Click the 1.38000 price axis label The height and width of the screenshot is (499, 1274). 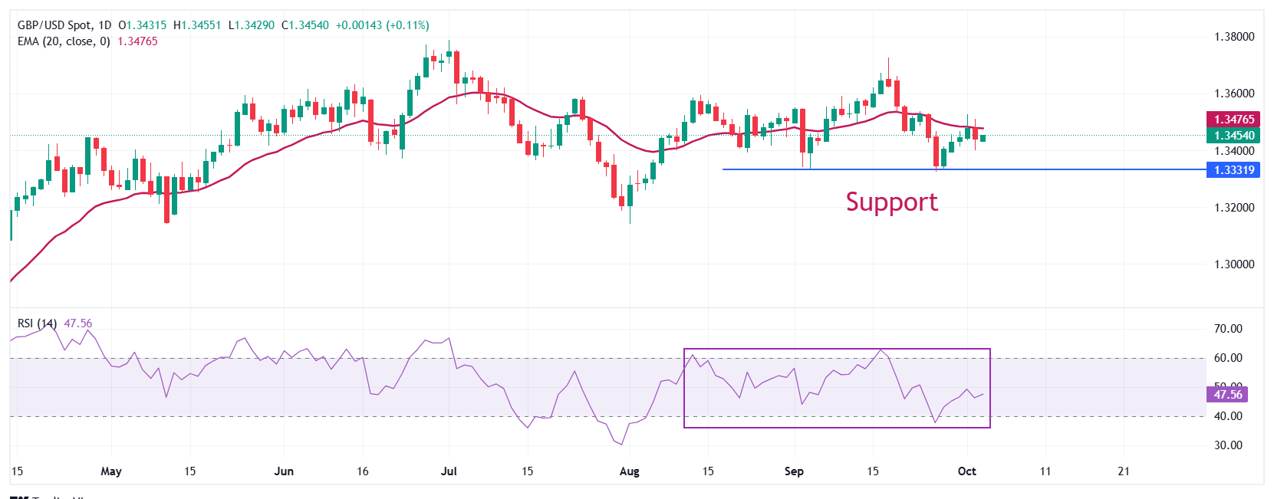(x=1233, y=37)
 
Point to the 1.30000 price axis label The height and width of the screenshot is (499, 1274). (x=1233, y=264)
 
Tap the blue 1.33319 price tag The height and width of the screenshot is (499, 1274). (x=1233, y=170)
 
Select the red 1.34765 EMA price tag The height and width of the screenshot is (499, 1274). (x=1233, y=120)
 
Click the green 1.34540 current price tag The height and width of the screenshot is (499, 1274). (x=1233, y=136)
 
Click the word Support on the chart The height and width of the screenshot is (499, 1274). (x=891, y=202)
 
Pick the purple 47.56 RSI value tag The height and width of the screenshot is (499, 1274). (x=1227, y=395)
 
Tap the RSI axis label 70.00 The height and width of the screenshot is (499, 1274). (x=1227, y=329)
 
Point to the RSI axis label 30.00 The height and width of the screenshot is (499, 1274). (x=1227, y=445)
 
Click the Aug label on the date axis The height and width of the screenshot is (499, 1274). (x=629, y=471)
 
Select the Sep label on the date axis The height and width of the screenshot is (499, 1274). (x=794, y=471)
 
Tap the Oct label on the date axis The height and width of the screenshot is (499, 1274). (x=966, y=471)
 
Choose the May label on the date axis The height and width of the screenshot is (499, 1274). (x=111, y=471)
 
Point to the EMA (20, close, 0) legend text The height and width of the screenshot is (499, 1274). (x=64, y=41)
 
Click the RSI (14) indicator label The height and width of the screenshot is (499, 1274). (x=37, y=323)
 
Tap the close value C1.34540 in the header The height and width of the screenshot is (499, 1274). (x=305, y=25)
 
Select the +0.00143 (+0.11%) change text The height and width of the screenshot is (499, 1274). (x=382, y=25)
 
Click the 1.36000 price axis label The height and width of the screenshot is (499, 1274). (x=1233, y=94)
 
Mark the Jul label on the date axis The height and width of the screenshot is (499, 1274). (x=449, y=471)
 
